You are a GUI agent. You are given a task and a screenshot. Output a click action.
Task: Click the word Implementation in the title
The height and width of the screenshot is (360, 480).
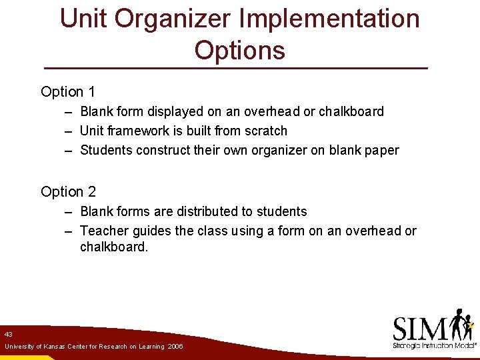coord(329,19)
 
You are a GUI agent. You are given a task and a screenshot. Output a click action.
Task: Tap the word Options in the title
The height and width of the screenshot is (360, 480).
coord(240,51)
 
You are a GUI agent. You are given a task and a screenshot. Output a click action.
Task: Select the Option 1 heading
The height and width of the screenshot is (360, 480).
coord(67,92)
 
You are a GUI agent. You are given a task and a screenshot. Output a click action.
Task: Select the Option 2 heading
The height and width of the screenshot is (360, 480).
coord(68,192)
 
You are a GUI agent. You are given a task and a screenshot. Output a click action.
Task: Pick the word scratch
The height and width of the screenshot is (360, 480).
coord(265,131)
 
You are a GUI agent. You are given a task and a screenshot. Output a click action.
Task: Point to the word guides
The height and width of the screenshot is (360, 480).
coord(149,231)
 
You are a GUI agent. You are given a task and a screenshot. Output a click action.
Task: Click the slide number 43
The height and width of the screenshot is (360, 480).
coord(8,334)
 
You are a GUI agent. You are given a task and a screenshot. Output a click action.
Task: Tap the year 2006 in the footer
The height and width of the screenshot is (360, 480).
coord(175,347)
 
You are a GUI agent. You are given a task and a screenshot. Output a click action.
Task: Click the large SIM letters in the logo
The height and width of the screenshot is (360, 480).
coord(420,328)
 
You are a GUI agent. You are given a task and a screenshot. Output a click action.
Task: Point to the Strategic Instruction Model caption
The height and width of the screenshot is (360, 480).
coord(433,346)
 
